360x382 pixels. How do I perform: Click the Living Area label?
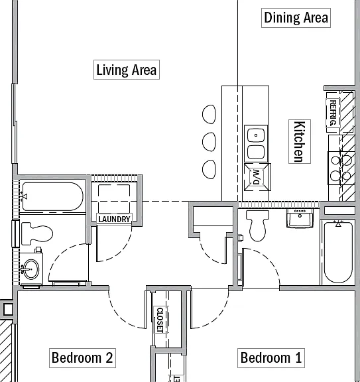(x=127, y=70)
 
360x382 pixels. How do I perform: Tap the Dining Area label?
(x=296, y=18)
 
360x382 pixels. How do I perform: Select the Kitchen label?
(x=300, y=141)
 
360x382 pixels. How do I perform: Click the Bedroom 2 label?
(x=82, y=358)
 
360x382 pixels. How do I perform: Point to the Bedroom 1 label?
(x=271, y=358)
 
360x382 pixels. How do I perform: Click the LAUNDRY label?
(x=114, y=219)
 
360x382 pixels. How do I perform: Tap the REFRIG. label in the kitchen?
(x=333, y=113)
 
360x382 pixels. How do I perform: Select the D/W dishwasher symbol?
(x=257, y=177)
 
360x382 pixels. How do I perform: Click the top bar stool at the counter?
(x=209, y=114)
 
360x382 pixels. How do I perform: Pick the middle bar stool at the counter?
(x=209, y=142)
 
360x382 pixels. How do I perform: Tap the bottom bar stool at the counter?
(x=209, y=169)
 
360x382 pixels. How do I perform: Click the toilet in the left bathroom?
(x=37, y=233)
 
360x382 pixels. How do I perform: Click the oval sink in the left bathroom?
(x=31, y=269)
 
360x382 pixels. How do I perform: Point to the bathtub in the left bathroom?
(x=53, y=196)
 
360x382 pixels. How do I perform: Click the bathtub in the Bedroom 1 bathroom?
(x=338, y=252)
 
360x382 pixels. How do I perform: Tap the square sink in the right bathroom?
(x=300, y=219)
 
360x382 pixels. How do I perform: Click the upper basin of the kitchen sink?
(x=256, y=135)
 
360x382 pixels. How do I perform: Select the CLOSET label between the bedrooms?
(x=160, y=320)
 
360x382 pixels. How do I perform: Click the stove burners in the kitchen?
(x=341, y=168)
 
